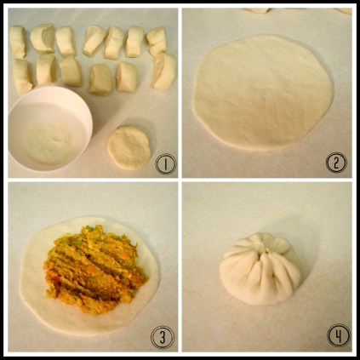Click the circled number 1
(166, 164)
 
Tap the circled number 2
(336, 163)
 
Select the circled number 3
(163, 337)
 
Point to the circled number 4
(339, 335)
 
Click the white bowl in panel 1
(49, 129)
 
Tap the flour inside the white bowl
(49, 142)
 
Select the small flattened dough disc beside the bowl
(129, 147)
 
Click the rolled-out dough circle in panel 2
(263, 92)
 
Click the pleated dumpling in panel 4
(260, 269)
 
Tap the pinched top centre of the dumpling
(266, 249)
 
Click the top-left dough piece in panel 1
(18, 42)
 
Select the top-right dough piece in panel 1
(157, 42)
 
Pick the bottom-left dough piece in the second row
(22, 76)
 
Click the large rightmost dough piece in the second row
(164, 71)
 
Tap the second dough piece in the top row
(43, 38)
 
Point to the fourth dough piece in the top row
(94, 41)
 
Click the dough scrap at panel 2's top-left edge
(258, 10)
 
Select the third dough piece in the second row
(71, 71)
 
